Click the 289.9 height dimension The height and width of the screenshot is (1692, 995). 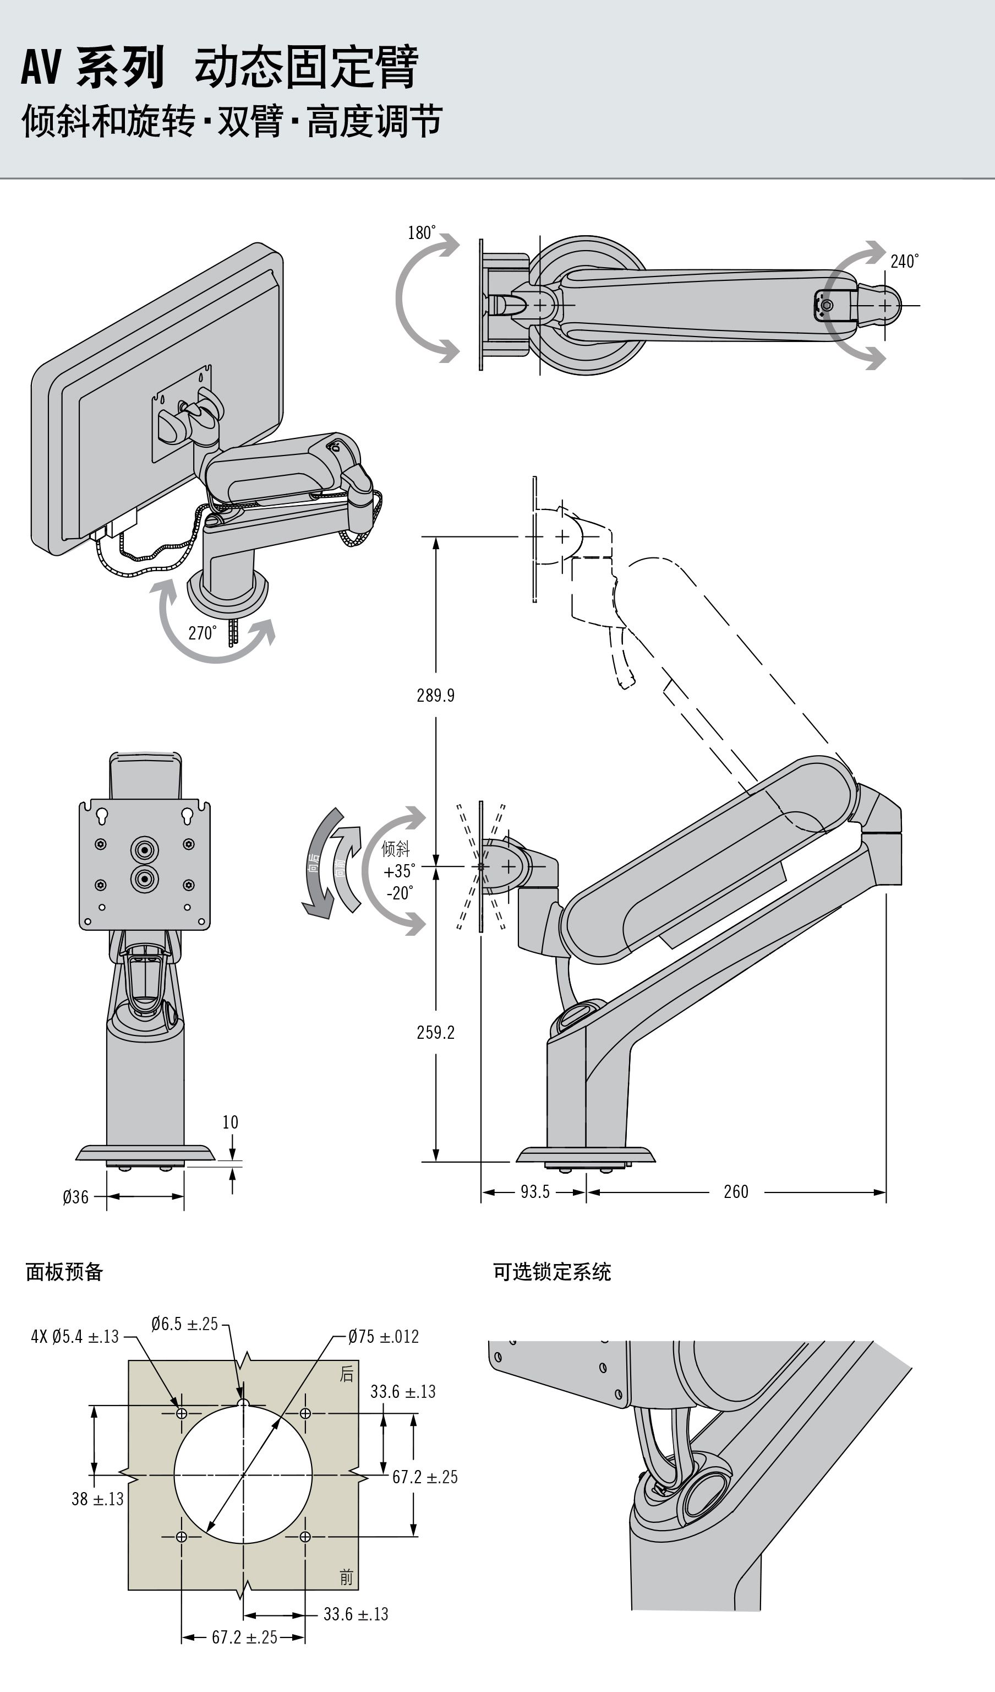click(x=435, y=695)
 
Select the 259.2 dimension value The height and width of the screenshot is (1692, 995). click(x=435, y=1032)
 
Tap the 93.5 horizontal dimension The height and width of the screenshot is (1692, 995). click(x=535, y=1192)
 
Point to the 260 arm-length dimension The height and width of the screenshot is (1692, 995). click(x=736, y=1192)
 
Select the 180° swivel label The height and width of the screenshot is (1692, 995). click(x=422, y=233)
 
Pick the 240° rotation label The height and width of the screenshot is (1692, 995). click(x=904, y=261)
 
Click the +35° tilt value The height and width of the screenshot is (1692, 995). click(x=399, y=871)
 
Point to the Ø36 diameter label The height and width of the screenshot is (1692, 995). click(x=75, y=1196)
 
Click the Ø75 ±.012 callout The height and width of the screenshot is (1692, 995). click(x=383, y=1336)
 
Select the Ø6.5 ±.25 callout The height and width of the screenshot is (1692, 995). click(x=184, y=1324)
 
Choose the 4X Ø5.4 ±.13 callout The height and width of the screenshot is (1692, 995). click(x=74, y=1336)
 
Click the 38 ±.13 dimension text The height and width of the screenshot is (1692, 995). click(x=97, y=1499)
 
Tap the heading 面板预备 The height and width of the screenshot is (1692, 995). click(x=64, y=1272)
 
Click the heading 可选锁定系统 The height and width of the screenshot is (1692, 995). click(x=551, y=1272)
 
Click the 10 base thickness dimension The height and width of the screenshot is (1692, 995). click(x=230, y=1122)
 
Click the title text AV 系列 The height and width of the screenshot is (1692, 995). click(x=92, y=67)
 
